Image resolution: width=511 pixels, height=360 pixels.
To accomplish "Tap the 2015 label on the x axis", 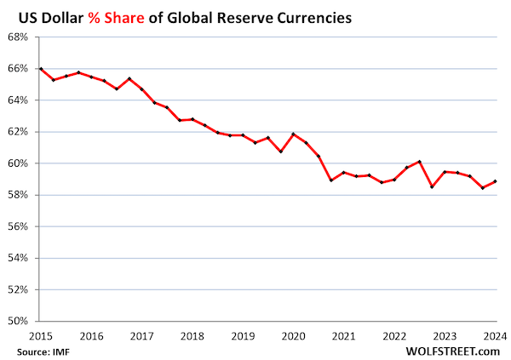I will coord(41,335).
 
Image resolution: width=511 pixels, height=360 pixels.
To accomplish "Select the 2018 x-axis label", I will coord(192,335).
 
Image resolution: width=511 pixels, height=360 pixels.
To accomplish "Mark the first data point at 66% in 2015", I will coord(41,69).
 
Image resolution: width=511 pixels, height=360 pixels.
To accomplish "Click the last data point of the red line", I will coord(494,181).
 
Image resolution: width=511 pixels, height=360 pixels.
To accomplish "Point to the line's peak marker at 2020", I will coord(293,134).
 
